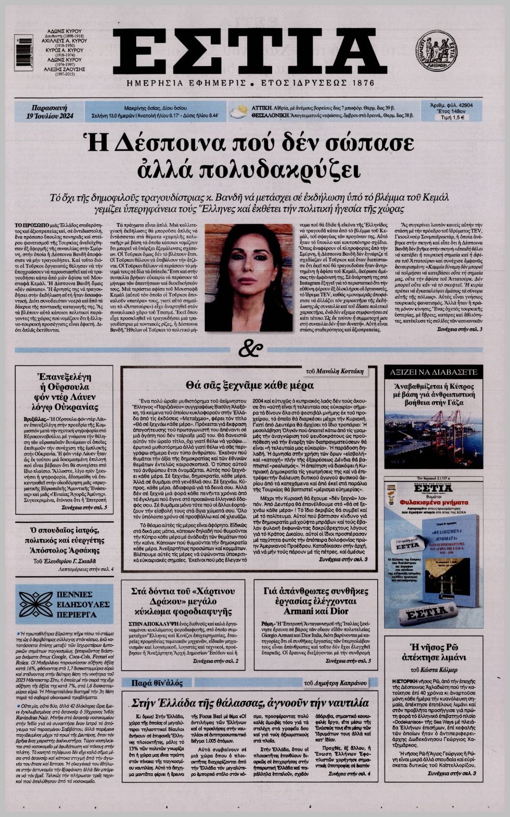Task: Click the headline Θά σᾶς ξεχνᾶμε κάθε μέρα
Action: tap(249, 386)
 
